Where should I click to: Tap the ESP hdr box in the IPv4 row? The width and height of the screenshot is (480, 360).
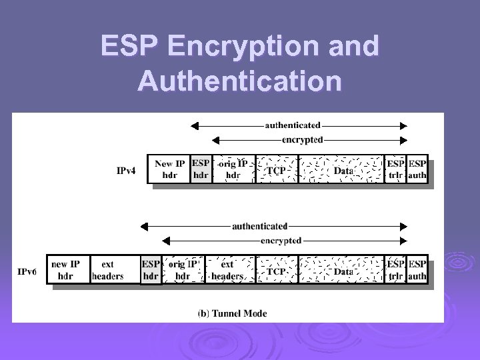click(201, 169)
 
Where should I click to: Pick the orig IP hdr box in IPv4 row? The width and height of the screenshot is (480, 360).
click(233, 169)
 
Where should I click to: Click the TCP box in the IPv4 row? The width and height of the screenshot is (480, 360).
click(277, 170)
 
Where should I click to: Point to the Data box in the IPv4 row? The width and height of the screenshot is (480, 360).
click(342, 170)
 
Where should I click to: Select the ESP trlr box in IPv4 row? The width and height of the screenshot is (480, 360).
click(396, 169)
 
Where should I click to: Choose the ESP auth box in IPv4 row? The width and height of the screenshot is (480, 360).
click(417, 169)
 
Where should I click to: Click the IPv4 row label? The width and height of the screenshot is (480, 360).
click(127, 171)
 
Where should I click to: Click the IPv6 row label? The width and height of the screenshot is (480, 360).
click(27, 271)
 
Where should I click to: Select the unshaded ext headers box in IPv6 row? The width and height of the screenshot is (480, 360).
click(108, 270)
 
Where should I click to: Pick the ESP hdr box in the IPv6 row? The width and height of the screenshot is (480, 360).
click(151, 270)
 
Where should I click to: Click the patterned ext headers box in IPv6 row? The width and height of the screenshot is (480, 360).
click(227, 270)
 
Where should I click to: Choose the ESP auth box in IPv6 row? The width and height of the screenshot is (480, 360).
click(417, 270)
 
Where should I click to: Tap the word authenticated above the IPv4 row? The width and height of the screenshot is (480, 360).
click(292, 125)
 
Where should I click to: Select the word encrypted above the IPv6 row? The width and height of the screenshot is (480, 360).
click(281, 240)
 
